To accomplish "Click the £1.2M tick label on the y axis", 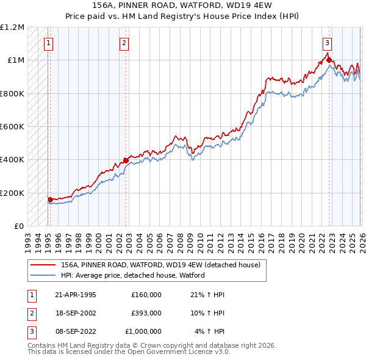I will [12, 27].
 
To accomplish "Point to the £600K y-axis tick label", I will [12, 127].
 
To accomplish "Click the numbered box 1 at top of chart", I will [48, 43].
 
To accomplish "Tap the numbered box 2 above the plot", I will [124, 43].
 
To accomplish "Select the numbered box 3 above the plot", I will [328, 43].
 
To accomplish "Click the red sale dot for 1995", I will [50, 199].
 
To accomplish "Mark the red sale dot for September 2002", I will [126, 160].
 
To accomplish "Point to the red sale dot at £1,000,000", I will [329, 60].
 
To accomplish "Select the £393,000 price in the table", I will [146, 313].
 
